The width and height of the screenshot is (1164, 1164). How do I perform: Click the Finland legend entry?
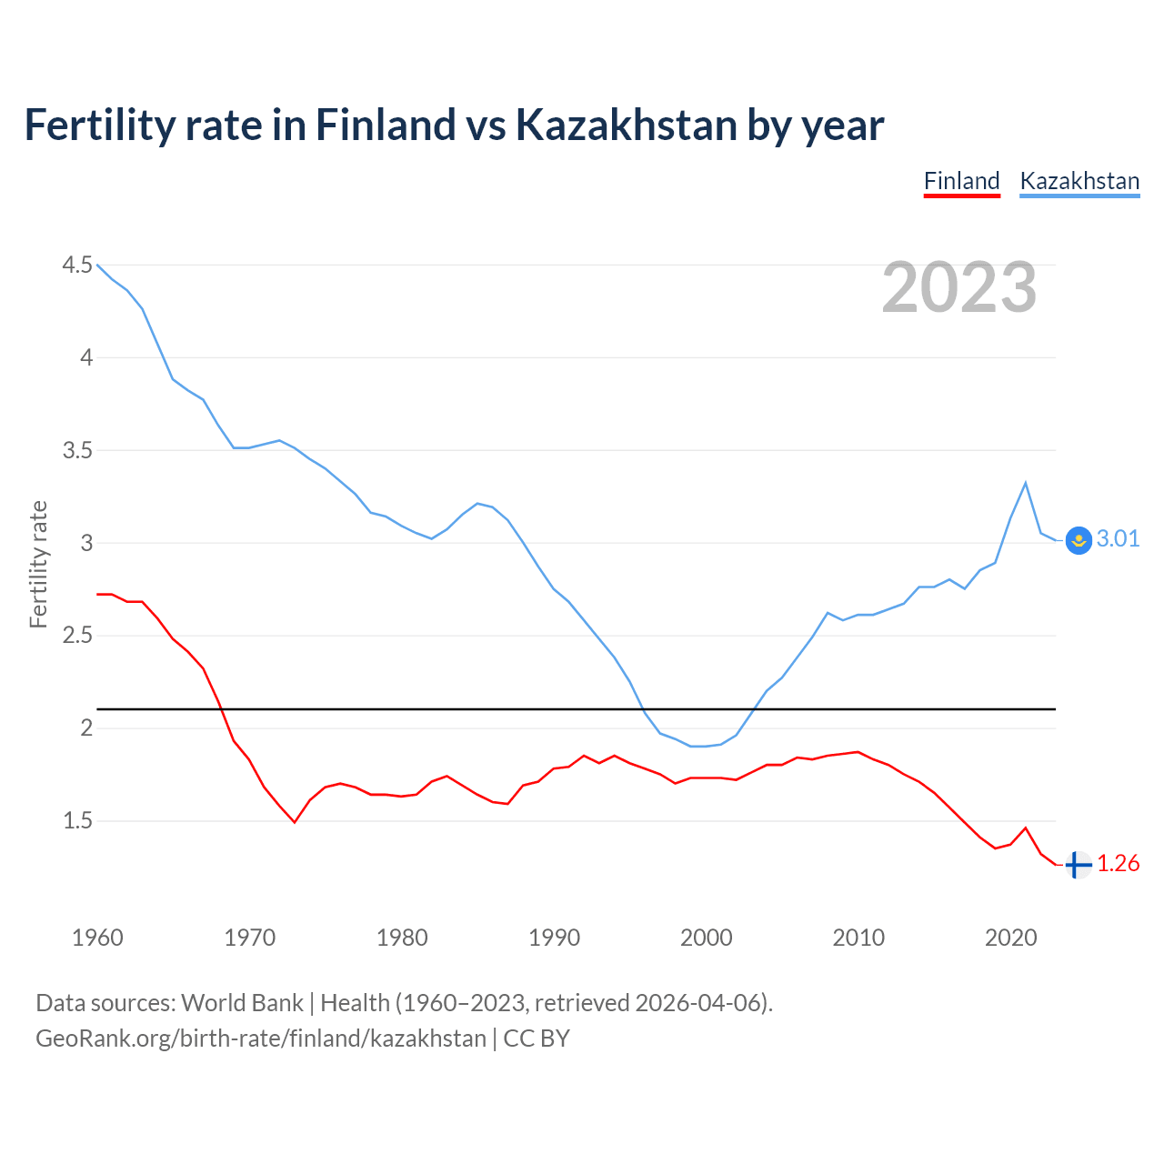coord(961,181)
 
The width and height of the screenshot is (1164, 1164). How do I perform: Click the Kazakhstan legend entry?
coord(1079,181)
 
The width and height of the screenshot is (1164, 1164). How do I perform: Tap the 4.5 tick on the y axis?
coord(77,265)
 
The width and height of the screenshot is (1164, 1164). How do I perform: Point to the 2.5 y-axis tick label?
coord(77,635)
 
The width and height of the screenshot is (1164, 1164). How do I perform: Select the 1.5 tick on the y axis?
coord(77,820)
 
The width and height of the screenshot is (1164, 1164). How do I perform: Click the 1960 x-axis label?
coord(97,938)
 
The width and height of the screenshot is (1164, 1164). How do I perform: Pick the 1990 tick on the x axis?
coord(554,938)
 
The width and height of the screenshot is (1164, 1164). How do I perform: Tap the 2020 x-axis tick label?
coord(1010,938)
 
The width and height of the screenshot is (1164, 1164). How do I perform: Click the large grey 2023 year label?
coord(959,287)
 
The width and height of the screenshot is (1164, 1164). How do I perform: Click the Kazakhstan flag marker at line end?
coord(1079,540)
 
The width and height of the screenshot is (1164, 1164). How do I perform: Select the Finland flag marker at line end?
coord(1078,865)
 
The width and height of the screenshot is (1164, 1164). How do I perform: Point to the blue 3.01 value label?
coord(1118,539)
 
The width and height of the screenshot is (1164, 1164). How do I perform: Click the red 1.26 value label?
coord(1118,864)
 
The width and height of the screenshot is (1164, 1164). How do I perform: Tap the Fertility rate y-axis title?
coord(38,564)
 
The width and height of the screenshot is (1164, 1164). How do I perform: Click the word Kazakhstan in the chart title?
coord(627,125)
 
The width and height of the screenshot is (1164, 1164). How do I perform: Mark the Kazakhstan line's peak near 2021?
coord(1026,483)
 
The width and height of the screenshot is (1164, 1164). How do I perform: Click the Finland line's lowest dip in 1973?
coord(295,822)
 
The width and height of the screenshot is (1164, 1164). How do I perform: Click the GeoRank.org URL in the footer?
coord(261,1039)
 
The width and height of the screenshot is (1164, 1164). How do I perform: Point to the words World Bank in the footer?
coord(242,1003)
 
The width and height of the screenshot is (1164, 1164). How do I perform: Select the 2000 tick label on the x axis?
coord(706,938)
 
